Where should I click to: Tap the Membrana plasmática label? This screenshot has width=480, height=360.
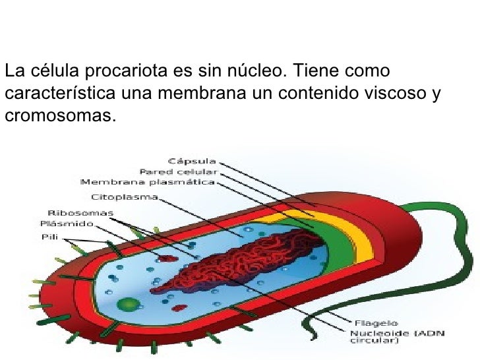(148, 181)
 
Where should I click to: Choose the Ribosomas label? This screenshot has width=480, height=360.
(81, 212)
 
